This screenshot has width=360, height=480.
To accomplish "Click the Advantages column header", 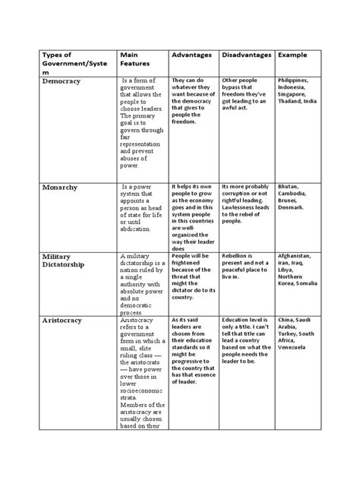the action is point(191,58).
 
